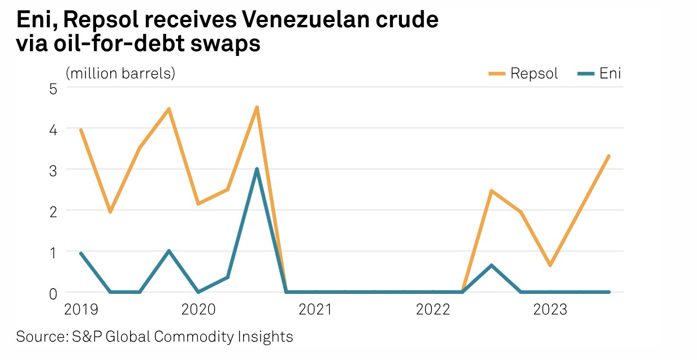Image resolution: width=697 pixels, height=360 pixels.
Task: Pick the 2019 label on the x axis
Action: tap(81, 310)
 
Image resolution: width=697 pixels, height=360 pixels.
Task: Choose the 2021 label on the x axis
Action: tap(314, 310)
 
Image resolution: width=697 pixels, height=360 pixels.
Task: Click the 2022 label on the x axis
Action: tap(432, 310)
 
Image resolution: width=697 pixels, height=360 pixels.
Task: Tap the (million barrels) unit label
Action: tap(120, 74)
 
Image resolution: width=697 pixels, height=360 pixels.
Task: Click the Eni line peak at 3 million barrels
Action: tap(257, 169)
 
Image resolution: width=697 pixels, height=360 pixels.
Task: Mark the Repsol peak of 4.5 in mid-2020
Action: tap(257, 107)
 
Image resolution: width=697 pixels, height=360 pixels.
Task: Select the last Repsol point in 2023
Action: tap(608, 156)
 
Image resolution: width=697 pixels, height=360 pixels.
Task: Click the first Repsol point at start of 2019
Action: tap(81, 130)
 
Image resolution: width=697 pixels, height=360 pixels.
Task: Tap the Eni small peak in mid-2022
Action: tap(492, 265)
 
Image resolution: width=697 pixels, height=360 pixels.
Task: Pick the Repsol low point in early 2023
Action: tap(549, 265)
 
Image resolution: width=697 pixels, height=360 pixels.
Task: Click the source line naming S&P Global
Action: tap(154, 337)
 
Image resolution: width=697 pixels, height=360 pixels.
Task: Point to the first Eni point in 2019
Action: tap(81, 253)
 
